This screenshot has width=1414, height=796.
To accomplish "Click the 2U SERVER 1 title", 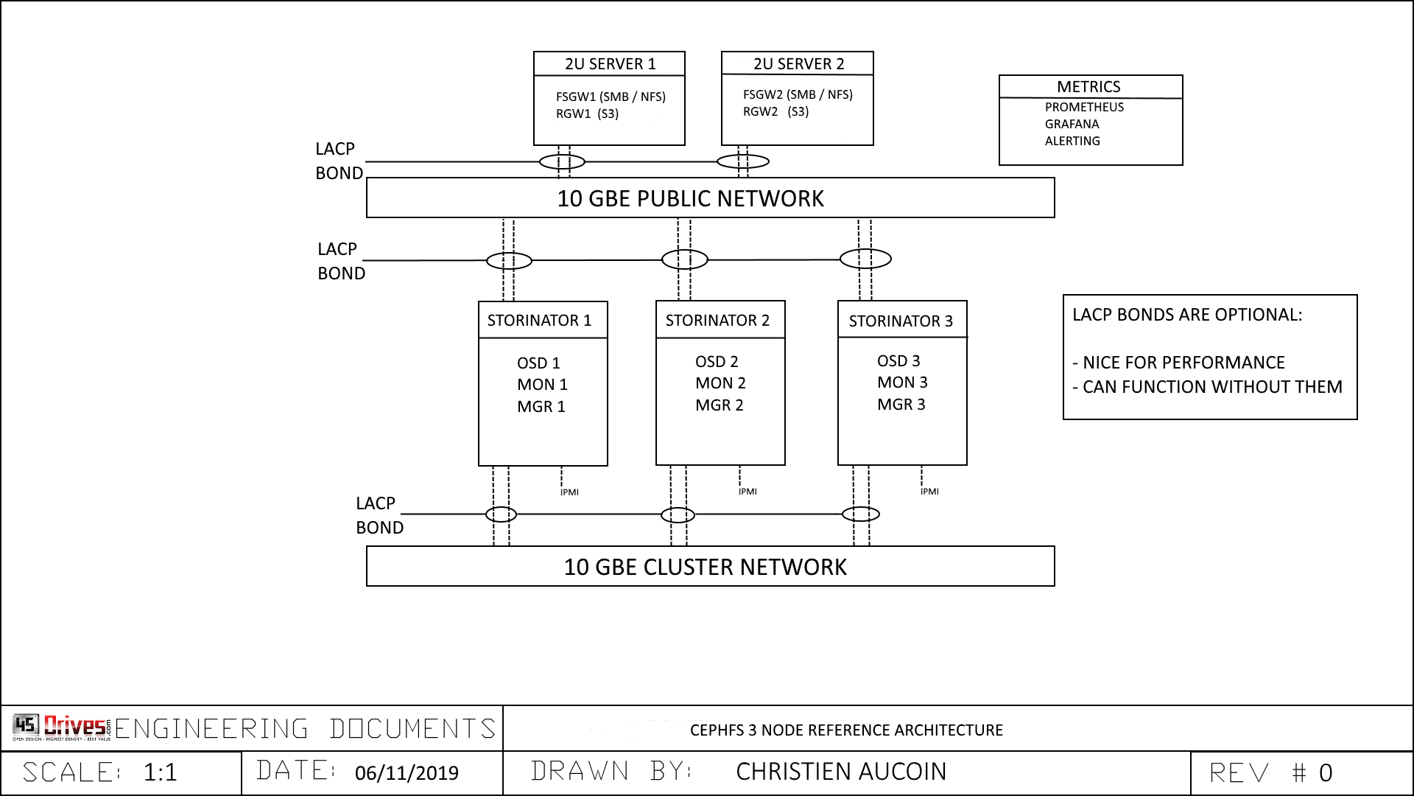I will [x=610, y=64].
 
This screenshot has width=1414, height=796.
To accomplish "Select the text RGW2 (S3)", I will [x=775, y=112].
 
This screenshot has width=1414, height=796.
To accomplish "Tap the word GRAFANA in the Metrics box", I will [x=1072, y=124].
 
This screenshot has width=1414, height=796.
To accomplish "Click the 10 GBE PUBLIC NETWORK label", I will [x=690, y=198].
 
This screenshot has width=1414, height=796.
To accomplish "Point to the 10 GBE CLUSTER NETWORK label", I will [x=705, y=567].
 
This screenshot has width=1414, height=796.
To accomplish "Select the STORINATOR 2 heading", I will [x=717, y=321].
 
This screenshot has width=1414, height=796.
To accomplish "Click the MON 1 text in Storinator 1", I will [x=542, y=385].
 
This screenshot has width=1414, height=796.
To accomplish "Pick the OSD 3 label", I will [x=898, y=361].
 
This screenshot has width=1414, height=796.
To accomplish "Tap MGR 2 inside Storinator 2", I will [x=720, y=405].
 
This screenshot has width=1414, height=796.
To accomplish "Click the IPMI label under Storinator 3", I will [x=929, y=492].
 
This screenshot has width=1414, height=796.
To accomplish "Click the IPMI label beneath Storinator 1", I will [x=569, y=492].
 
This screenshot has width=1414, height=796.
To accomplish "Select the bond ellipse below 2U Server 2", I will [x=743, y=161].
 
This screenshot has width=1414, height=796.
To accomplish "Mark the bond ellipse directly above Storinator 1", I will [x=509, y=260].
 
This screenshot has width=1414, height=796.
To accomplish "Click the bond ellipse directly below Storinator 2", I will [x=678, y=514].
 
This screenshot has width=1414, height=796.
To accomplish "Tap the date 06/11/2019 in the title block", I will [x=407, y=773].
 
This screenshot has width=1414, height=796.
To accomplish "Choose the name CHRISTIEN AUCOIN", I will [x=841, y=772].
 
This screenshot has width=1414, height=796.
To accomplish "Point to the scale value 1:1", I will [x=161, y=772].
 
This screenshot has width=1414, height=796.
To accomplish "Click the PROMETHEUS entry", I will [x=1084, y=107].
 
